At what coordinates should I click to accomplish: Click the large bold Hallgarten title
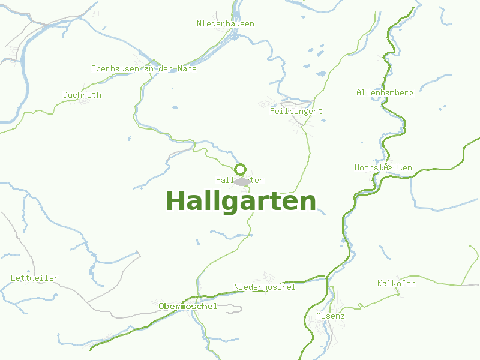click(x=241, y=201)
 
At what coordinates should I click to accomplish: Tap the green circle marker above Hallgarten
click(x=241, y=169)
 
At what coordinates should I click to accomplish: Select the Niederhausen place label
click(x=226, y=24)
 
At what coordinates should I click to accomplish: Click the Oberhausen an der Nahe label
click(x=144, y=69)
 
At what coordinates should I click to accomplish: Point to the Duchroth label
click(x=82, y=95)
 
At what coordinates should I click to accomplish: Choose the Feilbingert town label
click(x=296, y=111)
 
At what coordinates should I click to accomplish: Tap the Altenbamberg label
click(x=385, y=93)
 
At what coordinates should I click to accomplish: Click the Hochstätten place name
click(x=383, y=168)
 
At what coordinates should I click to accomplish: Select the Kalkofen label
click(x=397, y=284)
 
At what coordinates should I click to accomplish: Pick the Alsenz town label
click(x=331, y=316)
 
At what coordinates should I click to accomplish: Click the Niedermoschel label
click(x=265, y=287)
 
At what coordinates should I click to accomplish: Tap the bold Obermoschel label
click(x=188, y=307)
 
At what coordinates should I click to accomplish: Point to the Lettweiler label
click(x=35, y=278)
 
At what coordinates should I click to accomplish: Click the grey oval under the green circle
click(x=242, y=181)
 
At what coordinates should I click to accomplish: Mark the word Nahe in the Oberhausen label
click(x=187, y=69)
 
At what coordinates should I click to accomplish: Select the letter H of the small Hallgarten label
click(x=218, y=181)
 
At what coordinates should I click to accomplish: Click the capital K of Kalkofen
click(x=380, y=284)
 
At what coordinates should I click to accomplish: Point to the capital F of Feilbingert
click(x=272, y=111)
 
